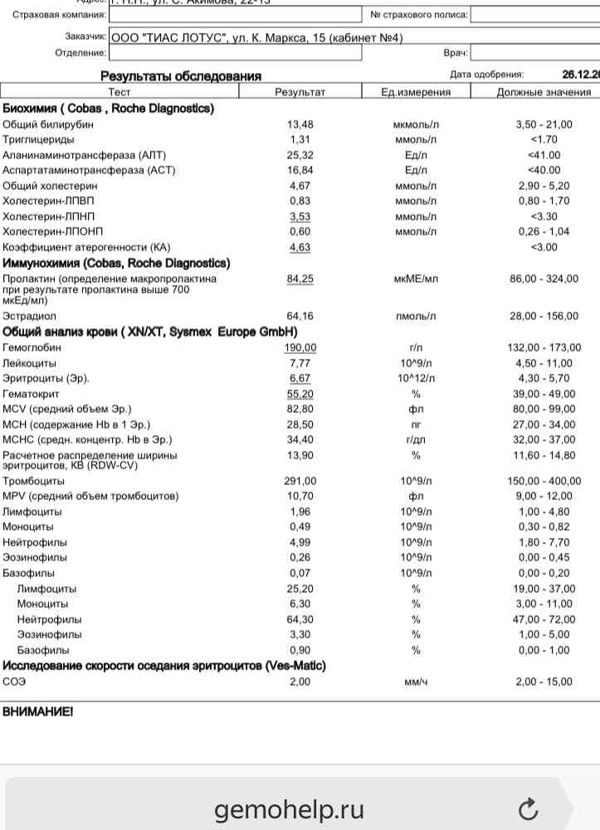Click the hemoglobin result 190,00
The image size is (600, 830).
pyautogui.click(x=300, y=348)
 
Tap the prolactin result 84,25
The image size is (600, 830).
pyautogui.click(x=300, y=279)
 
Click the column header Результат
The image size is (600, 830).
pyautogui.click(x=300, y=92)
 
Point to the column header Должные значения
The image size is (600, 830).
pyautogui.click(x=543, y=92)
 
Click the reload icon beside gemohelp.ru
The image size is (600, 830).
pyautogui.click(x=528, y=808)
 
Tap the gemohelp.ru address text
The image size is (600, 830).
pyautogui.click(x=289, y=809)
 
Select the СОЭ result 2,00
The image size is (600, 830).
pyautogui.click(x=300, y=682)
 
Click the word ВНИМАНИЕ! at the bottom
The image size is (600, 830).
pyautogui.click(x=37, y=711)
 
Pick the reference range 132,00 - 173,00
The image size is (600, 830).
pyautogui.click(x=544, y=348)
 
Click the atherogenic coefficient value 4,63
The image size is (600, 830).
pyautogui.click(x=300, y=247)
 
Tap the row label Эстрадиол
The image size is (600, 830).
pyautogui.click(x=29, y=316)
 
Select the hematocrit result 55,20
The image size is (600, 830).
pyautogui.click(x=300, y=394)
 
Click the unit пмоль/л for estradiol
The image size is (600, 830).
pyautogui.click(x=416, y=316)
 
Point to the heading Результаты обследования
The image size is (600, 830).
pyautogui.click(x=181, y=76)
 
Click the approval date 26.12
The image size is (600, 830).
pyautogui.click(x=580, y=75)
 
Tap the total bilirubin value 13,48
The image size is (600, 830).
pyautogui.click(x=300, y=124)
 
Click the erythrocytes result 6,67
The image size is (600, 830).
pyautogui.click(x=300, y=378)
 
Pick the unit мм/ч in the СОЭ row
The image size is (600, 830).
pyautogui.click(x=416, y=682)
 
